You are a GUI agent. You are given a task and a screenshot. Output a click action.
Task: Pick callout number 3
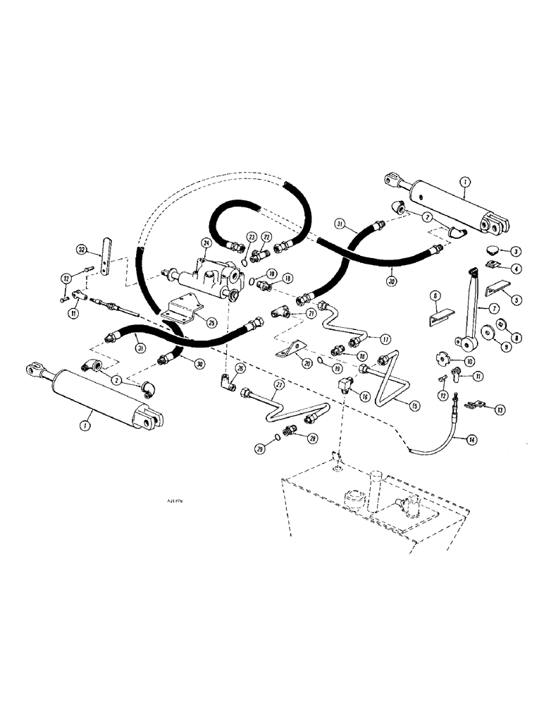pyautogui.click(x=516, y=252)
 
